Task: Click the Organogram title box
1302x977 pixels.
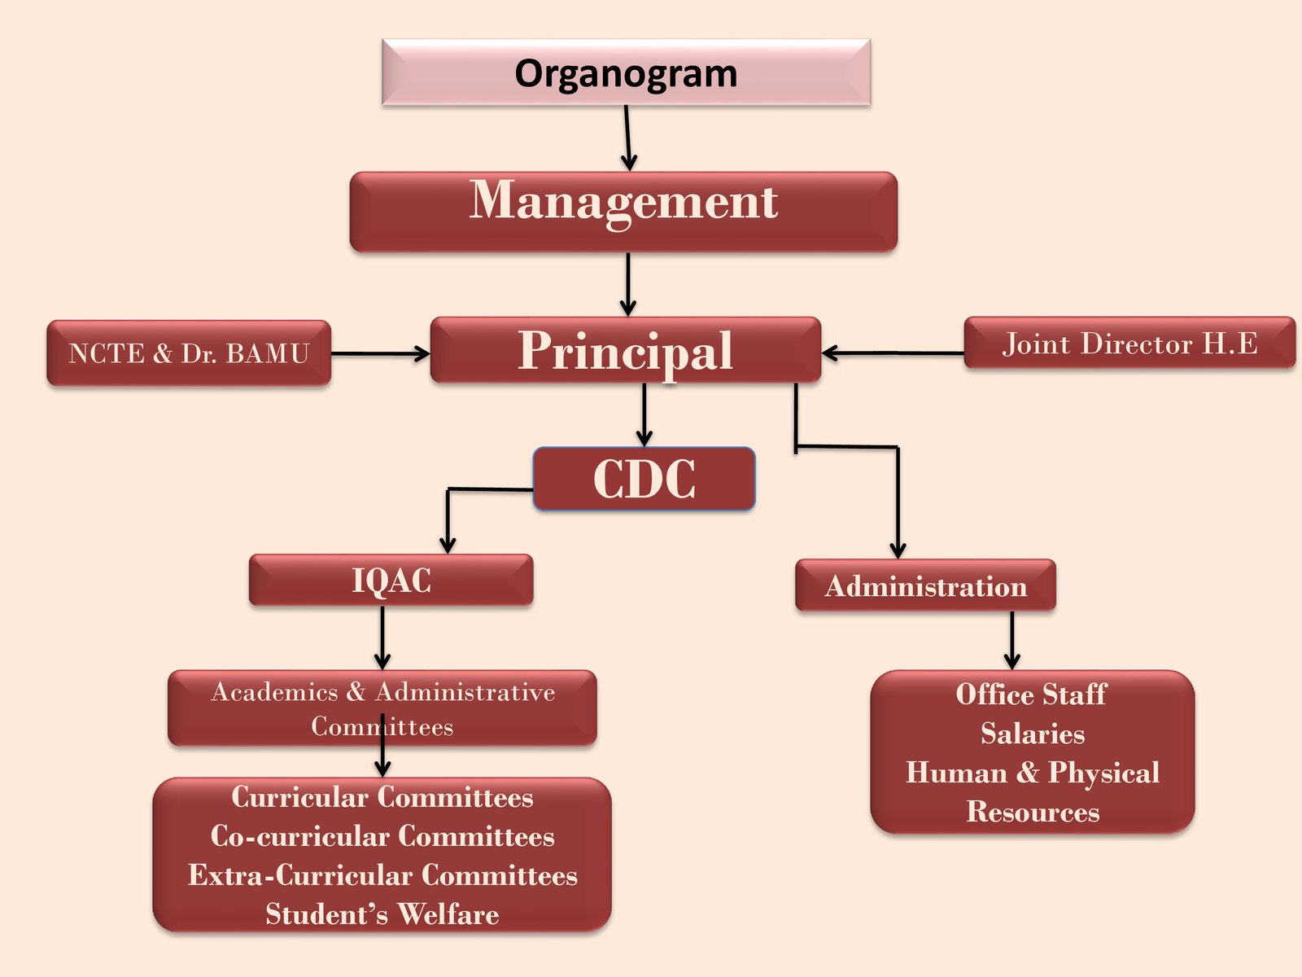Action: click(x=626, y=72)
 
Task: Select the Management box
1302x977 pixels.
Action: click(x=623, y=211)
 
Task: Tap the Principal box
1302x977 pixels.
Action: click(x=625, y=350)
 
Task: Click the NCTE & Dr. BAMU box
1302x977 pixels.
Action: click(x=189, y=353)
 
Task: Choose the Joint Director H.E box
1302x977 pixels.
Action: click(x=1129, y=343)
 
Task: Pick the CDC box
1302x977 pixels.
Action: click(x=644, y=479)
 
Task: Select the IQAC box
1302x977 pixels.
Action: click(x=391, y=581)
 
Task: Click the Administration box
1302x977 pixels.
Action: click(x=925, y=585)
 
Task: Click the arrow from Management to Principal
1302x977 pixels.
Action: click(x=627, y=284)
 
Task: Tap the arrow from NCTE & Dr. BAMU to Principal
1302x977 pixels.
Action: click(x=379, y=353)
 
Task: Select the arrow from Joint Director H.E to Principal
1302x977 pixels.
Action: click(x=893, y=353)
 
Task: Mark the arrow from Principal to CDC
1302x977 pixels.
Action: click(x=644, y=414)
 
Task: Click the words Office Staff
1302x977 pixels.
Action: click(x=1031, y=694)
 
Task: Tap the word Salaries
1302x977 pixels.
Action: click(x=1032, y=734)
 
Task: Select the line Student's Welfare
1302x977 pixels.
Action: click(x=382, y=914)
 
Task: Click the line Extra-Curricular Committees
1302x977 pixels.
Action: click(x=382, y=875)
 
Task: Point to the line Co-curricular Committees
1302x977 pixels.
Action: click(x=382, y=836)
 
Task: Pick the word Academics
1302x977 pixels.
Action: click(x=274, y=692)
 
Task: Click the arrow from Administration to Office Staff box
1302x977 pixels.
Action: click(x=1011, y=640)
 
